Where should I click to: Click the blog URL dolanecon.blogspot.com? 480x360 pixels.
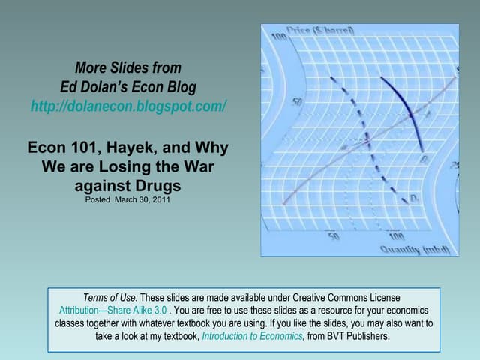point(128,106)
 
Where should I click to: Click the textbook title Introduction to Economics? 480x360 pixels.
point(252,336)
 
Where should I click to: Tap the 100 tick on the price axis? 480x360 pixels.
point(278,37)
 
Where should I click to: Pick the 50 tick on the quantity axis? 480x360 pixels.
point(334,235)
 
